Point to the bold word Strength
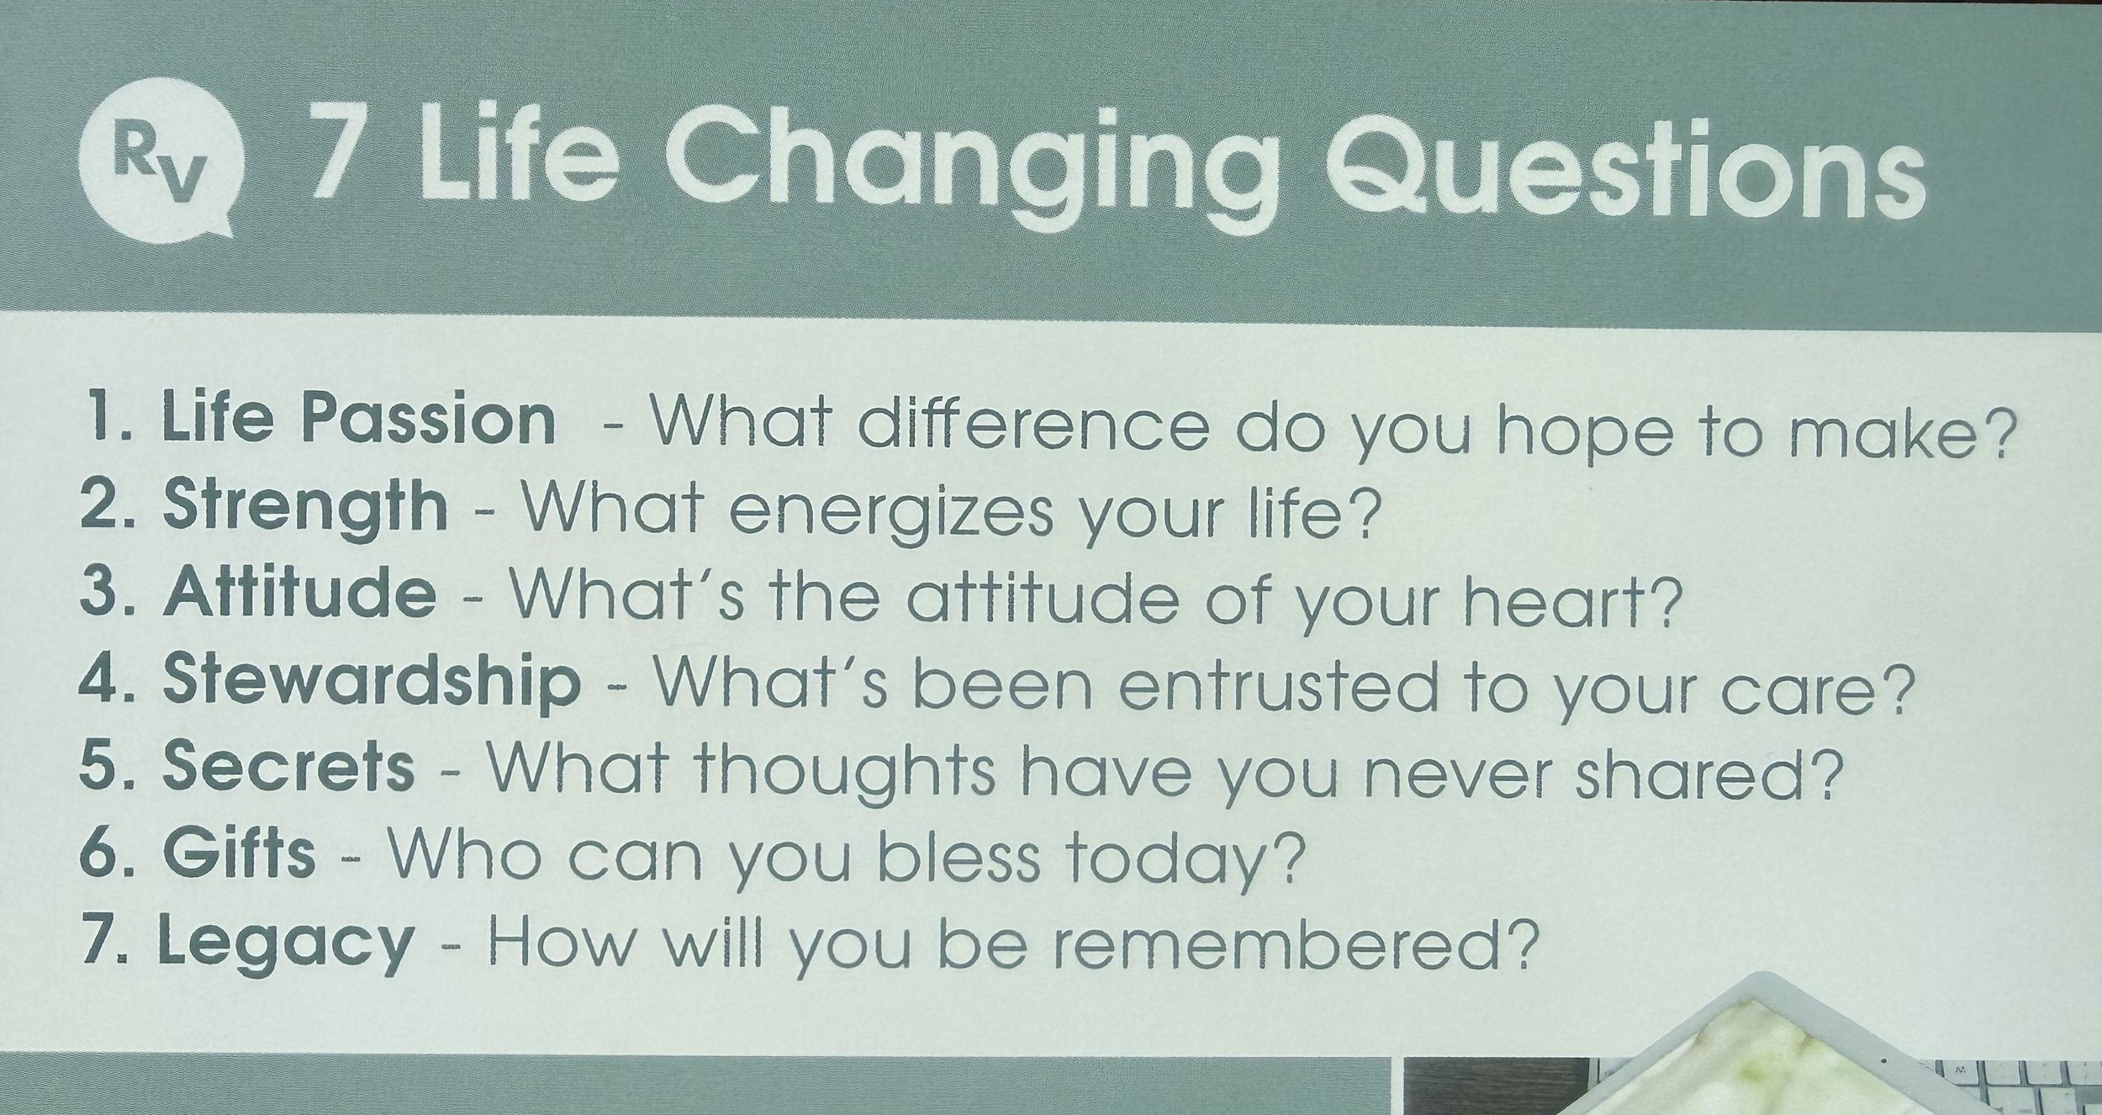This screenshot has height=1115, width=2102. click(305, 509)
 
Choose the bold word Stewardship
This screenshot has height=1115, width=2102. click(371, 681)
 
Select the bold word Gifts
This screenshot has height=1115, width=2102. click(239, 854)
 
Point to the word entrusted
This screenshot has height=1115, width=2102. click(1278, 686)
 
